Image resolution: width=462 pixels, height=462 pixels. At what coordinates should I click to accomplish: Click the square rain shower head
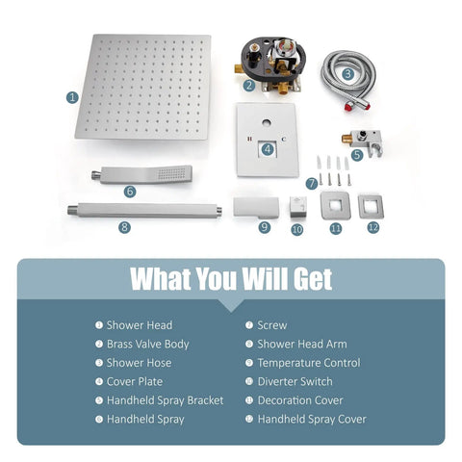click(143, 88)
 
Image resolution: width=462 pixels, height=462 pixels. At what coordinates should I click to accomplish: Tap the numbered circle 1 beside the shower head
click(72, 97)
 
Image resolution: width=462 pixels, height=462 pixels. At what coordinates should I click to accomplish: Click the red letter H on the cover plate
click(250, 139)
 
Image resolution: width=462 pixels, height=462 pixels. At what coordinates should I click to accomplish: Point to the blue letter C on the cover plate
click(283, 139)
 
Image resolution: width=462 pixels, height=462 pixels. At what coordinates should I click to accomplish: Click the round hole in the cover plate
click(266, 122)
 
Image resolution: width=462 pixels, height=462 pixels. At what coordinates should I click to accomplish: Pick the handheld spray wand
click(141, 174)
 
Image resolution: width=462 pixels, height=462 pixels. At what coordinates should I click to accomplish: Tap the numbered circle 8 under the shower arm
click(124, 227)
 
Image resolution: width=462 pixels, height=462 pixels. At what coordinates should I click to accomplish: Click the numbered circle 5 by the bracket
click(357, 155)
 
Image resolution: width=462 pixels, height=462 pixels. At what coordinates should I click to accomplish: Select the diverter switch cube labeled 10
click(298, 207)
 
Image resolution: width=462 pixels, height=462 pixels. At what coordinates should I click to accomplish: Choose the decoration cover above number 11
click(335, 205)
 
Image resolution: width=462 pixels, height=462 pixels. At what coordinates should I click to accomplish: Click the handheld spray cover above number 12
click(371, 206)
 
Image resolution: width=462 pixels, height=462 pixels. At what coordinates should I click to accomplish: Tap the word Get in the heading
click(313, 279)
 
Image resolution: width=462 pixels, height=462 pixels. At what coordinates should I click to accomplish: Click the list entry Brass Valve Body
click(147, 344)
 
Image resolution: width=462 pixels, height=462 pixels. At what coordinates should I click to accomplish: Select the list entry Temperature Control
click(309, 363)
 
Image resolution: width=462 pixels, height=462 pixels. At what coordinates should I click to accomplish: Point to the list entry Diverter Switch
click(295, 381)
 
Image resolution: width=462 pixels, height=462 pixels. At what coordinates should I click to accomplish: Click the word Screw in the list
click(272, 325)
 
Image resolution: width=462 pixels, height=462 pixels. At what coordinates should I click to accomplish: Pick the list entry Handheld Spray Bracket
click(165, 400)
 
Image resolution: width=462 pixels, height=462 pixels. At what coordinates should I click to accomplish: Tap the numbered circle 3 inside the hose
click(347, 74)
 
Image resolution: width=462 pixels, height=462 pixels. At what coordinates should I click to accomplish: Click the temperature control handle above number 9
click(256, 208)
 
